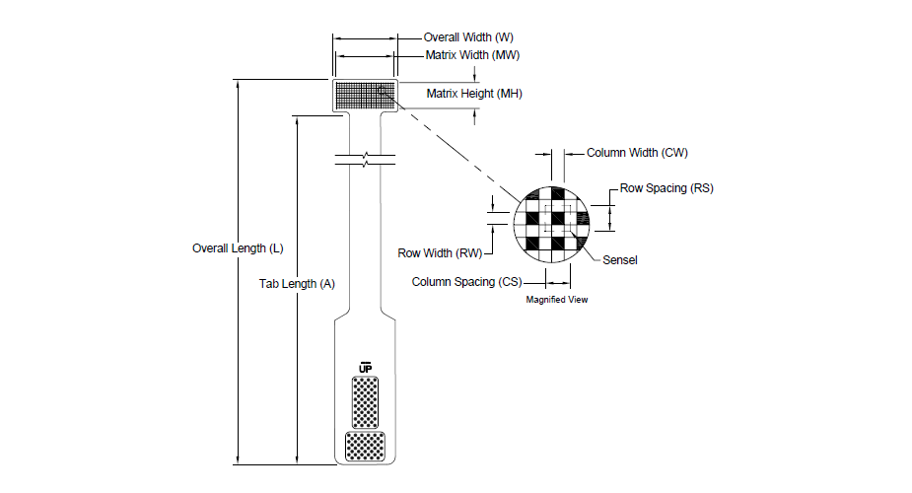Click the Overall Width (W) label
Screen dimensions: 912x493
(x=468, y=37)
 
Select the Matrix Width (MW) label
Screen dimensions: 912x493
(x=472, y=55)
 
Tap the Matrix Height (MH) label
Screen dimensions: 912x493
(x=474, y=94)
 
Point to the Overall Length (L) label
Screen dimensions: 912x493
(x=238, y=248)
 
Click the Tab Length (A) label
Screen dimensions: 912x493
(x=297, y=284)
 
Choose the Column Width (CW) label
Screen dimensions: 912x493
(x=637, y=153)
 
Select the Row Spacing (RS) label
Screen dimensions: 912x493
(x=666, y=188)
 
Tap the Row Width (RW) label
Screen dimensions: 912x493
(x=441, y=253)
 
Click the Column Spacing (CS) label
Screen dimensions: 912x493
(x=467, y=282)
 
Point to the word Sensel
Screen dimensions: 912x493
(x=620, y=260)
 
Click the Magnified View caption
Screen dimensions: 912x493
(x=557, y=300)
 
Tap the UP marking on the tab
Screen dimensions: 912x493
(x=365, y=368)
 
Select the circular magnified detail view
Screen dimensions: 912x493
(x=551, y=225)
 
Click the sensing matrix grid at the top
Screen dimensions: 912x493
(x=365, y=96)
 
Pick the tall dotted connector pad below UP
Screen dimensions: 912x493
(x=365, y=402)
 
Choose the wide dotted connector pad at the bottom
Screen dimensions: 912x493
(x=365, y=447)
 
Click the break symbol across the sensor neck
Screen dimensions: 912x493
(x=365, y=160)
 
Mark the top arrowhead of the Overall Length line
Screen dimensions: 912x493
(x=238, y=84)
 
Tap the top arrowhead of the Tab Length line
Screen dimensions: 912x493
(x=297, y=120)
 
